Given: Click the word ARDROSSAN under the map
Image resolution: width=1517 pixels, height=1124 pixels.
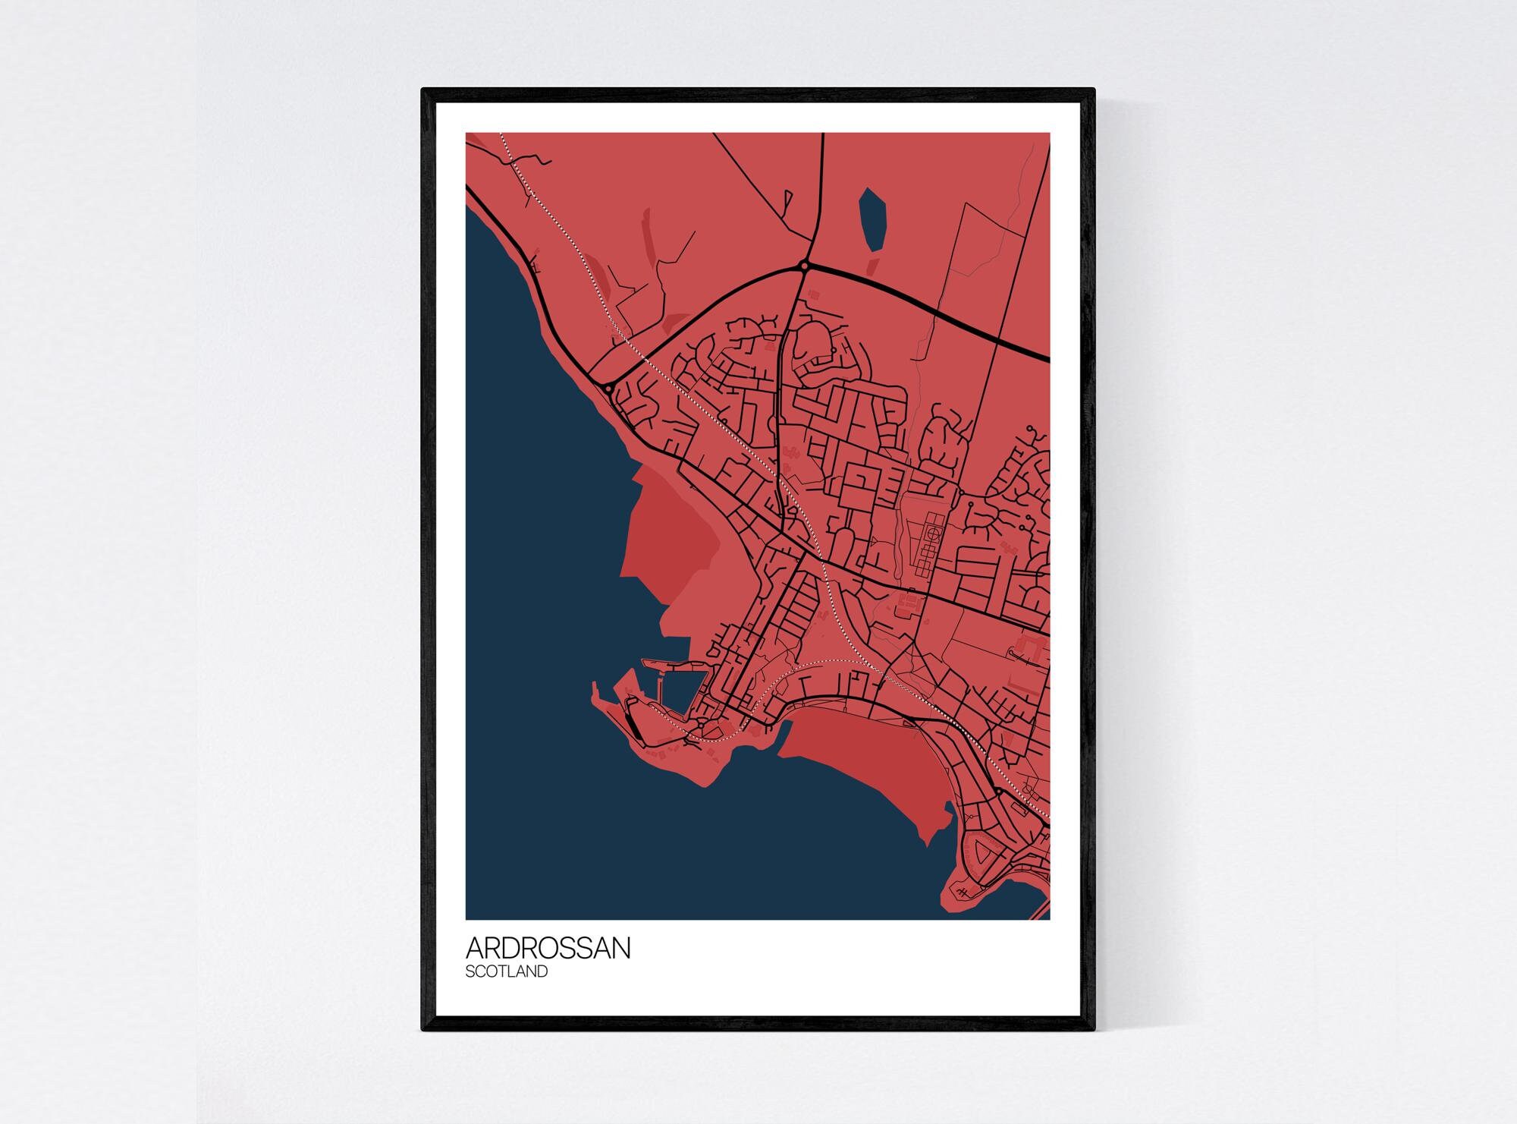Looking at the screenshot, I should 548,948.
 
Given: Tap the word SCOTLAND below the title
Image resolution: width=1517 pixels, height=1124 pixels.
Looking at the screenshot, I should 506,971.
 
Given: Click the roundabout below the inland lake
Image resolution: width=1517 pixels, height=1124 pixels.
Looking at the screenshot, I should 803,266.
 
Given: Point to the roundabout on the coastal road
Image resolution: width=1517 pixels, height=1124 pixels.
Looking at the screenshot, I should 608,388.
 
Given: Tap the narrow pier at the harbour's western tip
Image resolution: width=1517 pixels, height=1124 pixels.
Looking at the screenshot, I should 595,691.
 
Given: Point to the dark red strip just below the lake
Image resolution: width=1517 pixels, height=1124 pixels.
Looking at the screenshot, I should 872,266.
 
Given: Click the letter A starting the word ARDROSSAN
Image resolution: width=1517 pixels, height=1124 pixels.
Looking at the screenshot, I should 475,948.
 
